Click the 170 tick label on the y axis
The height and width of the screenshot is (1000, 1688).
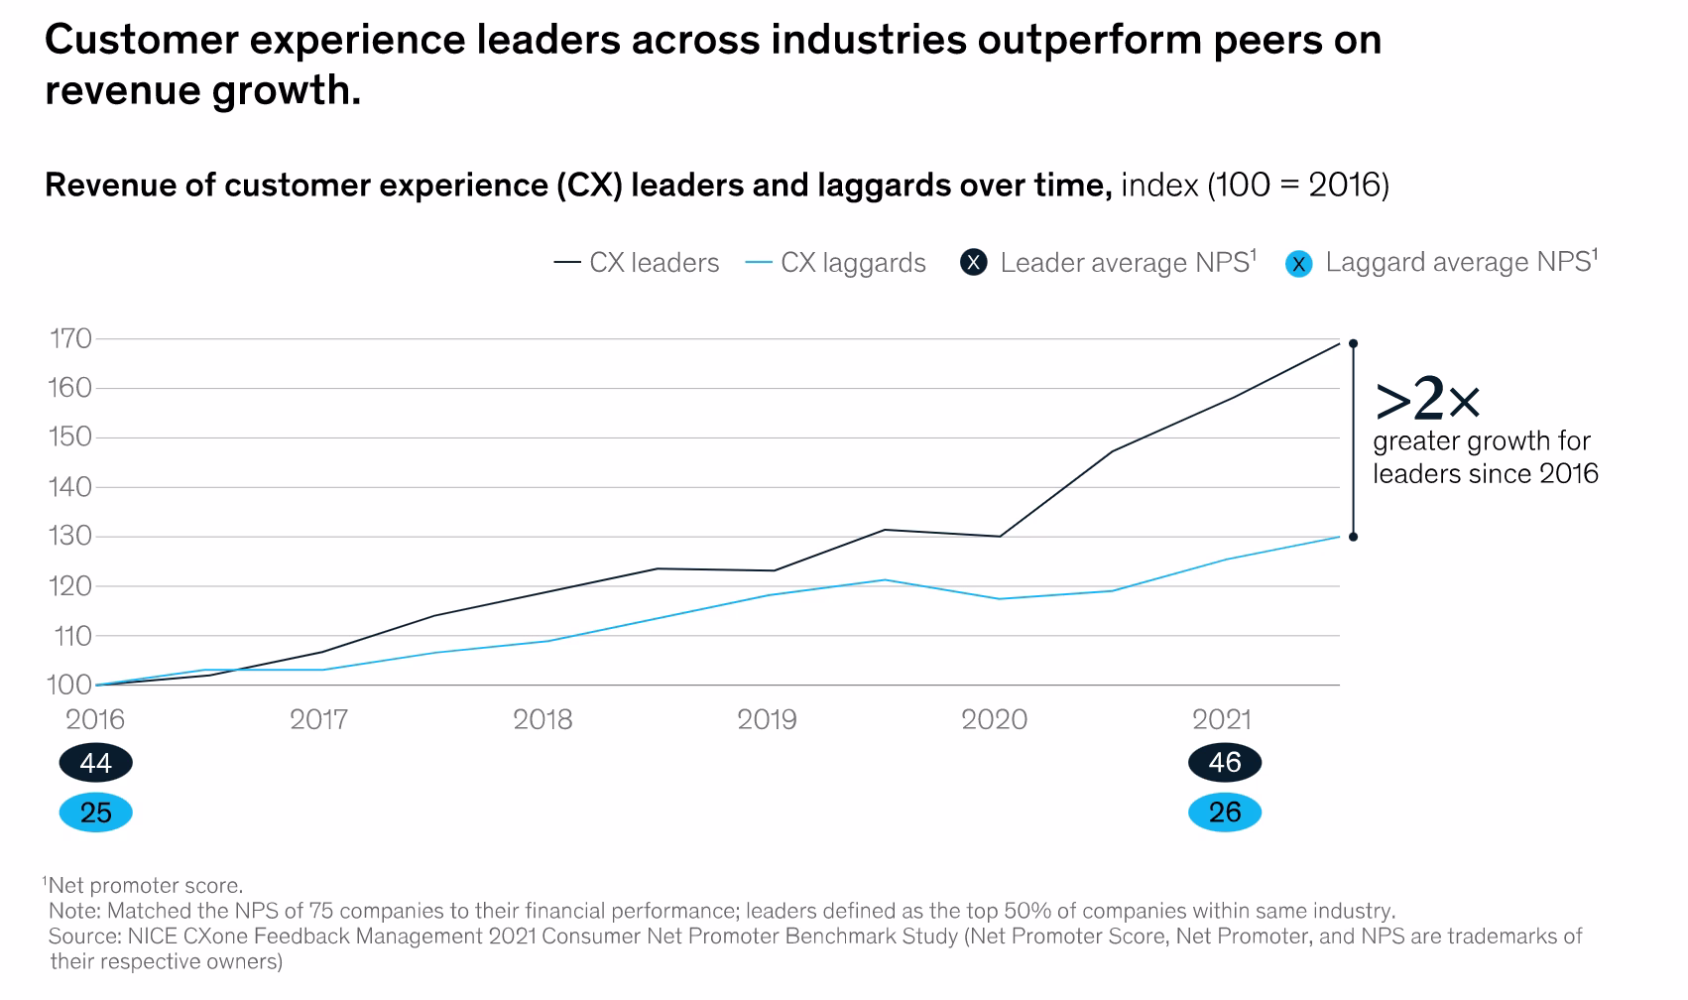click(x=70, y=339)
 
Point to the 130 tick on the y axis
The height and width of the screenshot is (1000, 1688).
click(x=70, y=537)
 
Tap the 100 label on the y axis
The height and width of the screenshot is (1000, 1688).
click(x=70, y=686)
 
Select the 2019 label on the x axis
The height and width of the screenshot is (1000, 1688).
click(x=767, y=720)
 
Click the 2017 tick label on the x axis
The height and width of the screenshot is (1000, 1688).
click(x=319, y=720)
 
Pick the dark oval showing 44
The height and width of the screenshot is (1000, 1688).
click(x=95, y=763)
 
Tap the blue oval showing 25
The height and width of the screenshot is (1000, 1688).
click(x=95, y=813)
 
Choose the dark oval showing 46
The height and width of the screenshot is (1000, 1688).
click(x=1225, y=763)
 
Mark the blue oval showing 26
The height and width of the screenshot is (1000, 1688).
click(x=1225, y=813)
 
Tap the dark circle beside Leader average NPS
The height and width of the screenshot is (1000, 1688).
click(x=974, y=263)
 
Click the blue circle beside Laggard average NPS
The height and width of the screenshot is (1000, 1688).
click(x=1298, y=264)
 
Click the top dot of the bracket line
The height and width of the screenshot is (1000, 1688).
click(x=1353, y=344)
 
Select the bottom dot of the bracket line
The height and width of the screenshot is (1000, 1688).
click(x=1353, y=537)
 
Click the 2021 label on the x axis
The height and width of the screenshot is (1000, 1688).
click(x=1221, y=720)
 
